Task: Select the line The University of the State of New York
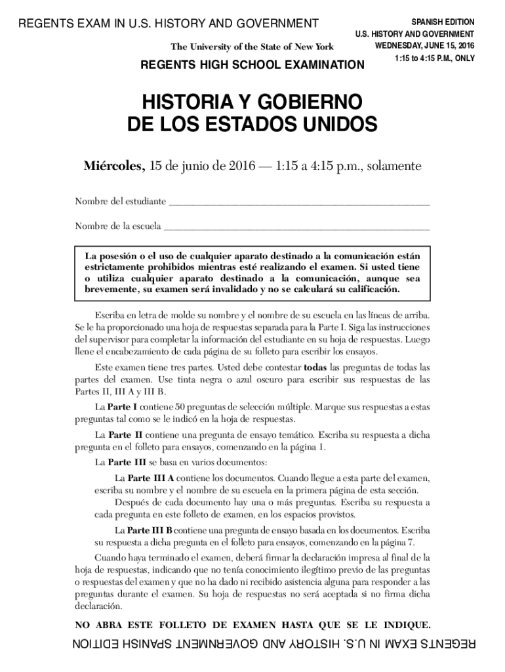252,47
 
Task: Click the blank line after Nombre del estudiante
299,203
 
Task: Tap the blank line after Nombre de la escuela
296,228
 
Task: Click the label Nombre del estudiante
120,201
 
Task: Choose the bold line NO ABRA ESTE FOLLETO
253,623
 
